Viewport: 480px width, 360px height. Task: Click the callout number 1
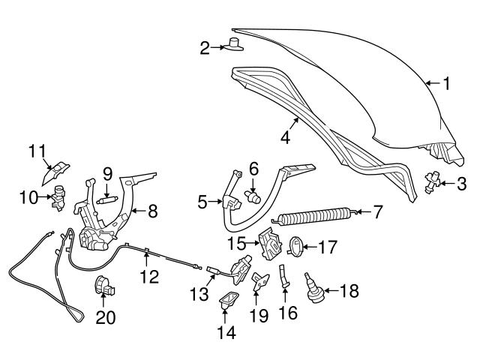447,85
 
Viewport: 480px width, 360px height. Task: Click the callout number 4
286,137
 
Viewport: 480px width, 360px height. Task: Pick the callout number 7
378,213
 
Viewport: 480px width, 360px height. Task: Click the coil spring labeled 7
315,218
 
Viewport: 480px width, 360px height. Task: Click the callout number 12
149,277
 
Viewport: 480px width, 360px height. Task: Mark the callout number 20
106,316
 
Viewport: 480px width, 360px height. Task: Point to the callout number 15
237,244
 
